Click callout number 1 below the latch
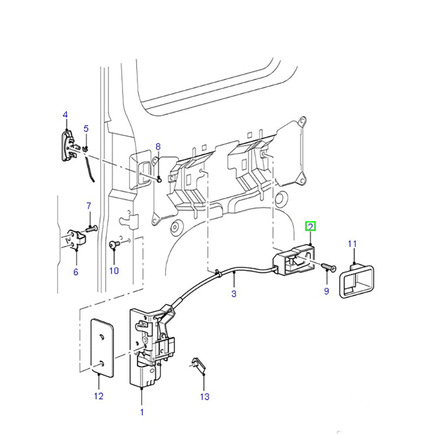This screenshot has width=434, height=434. tap(142, 412)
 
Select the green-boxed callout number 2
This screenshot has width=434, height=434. tap(311, 226)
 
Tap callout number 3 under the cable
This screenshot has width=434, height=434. tap(234, 294)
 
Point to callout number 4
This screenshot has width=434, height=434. tap(65, 114)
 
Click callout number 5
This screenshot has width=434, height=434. tap(85, 129)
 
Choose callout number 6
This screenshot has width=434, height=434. tap(75, 272)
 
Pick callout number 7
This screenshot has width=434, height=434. tap(89, 206)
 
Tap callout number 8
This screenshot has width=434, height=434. tap(158, 146)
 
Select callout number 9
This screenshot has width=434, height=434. tap(326, 291)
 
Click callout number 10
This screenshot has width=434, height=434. tap(114, 271)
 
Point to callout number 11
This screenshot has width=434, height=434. tap(352, 244)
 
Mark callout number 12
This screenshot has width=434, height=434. tap(98, 396)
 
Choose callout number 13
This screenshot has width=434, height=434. tap(204, 397)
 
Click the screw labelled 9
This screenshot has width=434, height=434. tap(328, 267)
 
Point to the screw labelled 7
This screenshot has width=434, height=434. tap(91, 229)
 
